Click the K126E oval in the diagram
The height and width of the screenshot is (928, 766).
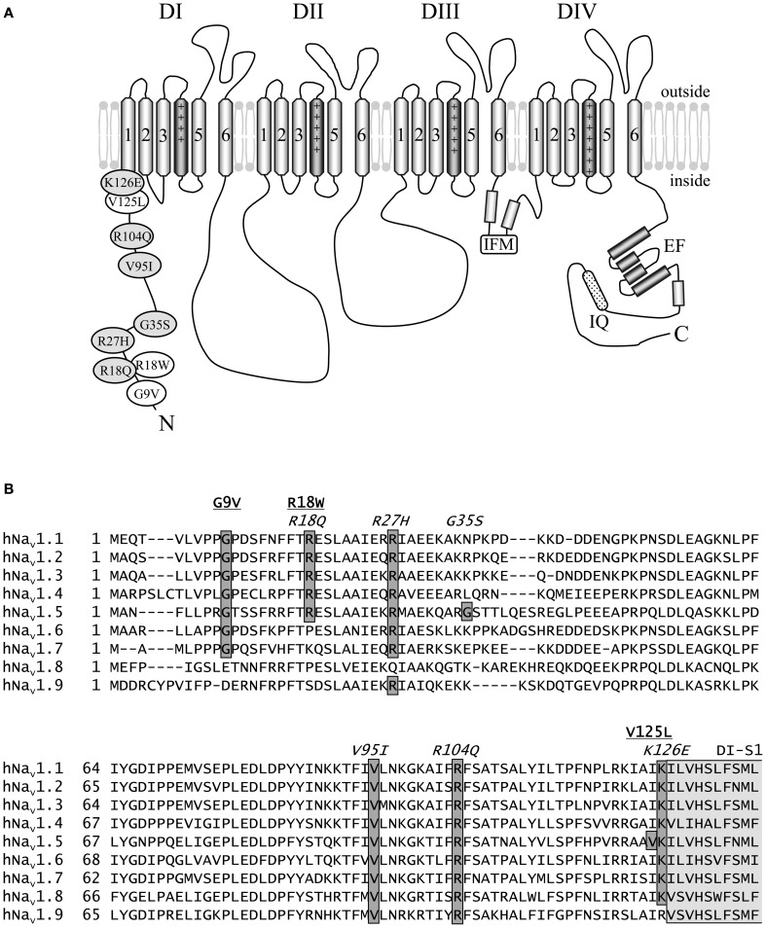tap(123, 182)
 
